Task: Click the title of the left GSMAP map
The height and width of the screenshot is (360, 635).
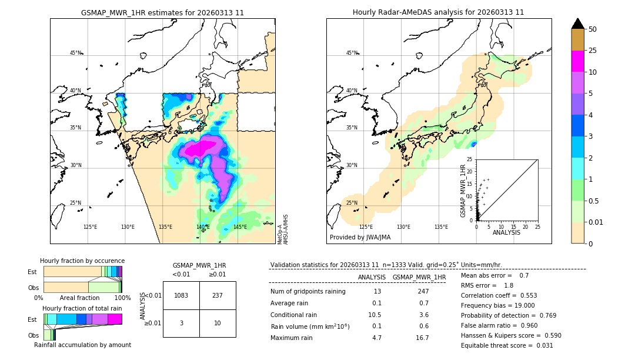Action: pyautogui.click(x=162, y=12)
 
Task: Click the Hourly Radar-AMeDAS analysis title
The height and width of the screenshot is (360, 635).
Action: pyautogui.click(x=438, y=12)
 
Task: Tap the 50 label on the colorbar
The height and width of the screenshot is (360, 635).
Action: pyautogui.click(x=593, y=29)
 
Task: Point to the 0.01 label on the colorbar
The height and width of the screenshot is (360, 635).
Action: pyautogui.click(x=596, y=222)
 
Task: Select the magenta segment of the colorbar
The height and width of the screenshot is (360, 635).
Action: pyautogui.click(x=578, y=61)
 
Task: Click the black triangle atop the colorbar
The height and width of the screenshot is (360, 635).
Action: pyautogui.click(x=578, y=24)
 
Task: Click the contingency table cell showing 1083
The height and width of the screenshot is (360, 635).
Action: pyautogui.click(x=181, y=295)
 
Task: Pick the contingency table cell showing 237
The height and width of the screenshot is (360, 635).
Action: pyautogui.click(x=218, y=295)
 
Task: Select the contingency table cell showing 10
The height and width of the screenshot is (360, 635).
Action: pyautogui.click(x=218, y=323)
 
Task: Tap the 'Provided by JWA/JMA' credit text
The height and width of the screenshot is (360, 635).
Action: pyautogui.click(x=360, y=238)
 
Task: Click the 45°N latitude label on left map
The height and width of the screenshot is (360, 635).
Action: pyautogui.click(x=75, y=53)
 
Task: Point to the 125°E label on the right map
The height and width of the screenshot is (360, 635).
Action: pyautogui.click(x=366, y=227)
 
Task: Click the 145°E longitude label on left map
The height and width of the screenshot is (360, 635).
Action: pyautogui.click(x=240, y=227)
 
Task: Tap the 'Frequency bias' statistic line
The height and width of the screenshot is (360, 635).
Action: pyautogui.click(x=497, y=305)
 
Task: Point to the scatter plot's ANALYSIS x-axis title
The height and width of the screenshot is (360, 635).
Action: pyautogui.click(x=506, y=232)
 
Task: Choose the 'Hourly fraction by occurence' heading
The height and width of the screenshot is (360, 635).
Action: pyautogui.click(x=82, y=261)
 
